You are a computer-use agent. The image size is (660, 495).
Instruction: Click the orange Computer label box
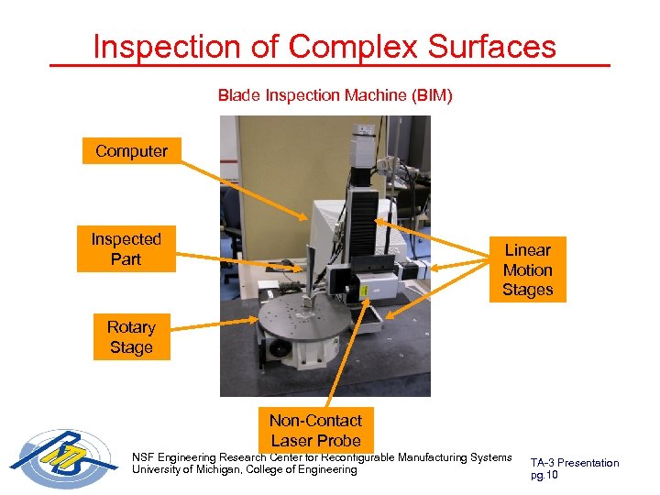(x=131, y=151)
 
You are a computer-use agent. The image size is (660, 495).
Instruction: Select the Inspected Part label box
(x=126, y=249)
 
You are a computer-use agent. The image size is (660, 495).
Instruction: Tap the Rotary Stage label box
(x=131, y=337)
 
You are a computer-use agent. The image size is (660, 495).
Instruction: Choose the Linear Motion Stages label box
(x=527, y=269)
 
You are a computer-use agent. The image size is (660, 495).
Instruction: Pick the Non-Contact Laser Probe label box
(x=315, y=430)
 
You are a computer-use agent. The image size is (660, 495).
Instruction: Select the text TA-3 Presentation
(x=575, y=463)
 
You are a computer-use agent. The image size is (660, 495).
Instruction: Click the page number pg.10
(x=544, y=475)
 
